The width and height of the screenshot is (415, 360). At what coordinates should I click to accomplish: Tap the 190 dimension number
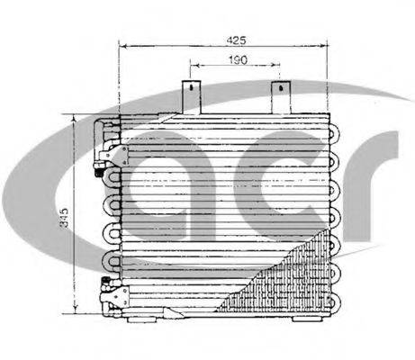pos(236,60)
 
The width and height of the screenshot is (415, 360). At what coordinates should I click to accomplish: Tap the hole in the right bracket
pos(281,90)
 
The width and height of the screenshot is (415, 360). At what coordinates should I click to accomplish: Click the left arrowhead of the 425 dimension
pos(123,47)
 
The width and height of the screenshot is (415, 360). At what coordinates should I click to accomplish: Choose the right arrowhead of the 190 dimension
pos(278,66)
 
